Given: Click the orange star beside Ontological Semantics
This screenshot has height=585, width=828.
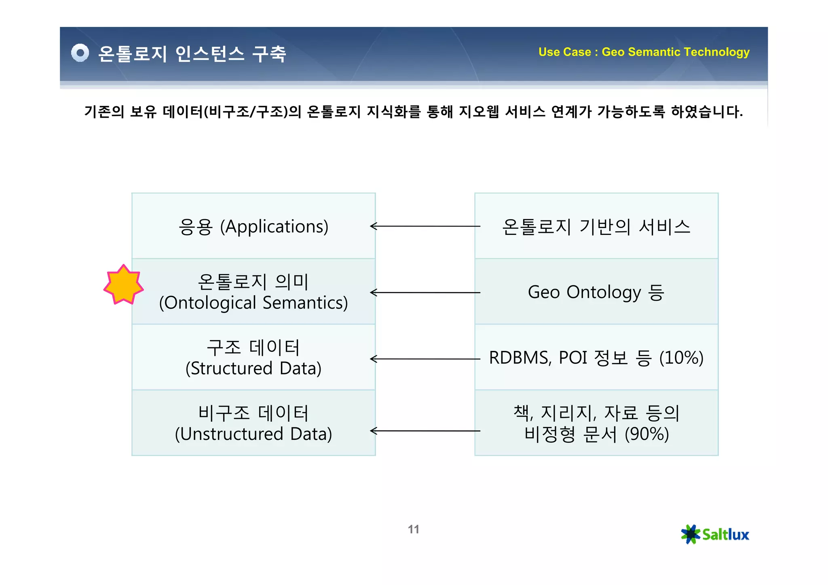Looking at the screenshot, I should click(x=123, y=285).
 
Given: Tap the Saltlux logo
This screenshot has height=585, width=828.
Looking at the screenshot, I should click(x=715, y=534).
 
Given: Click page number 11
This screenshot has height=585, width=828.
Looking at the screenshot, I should click(x=413, y=529).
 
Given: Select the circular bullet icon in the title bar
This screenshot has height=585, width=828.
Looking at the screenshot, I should click(x=80, y=53).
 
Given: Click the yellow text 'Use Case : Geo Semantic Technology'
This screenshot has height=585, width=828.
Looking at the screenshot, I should click(x=644, y=52).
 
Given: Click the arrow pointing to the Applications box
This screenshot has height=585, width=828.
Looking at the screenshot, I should click(x=425, y=226).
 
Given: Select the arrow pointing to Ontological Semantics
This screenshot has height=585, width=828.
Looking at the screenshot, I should click(x=425, y=292).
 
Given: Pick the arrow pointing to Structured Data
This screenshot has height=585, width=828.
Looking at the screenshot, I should click(x=425, y=359).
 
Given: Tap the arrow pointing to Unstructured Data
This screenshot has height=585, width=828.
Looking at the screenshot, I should click(x=425, y=431).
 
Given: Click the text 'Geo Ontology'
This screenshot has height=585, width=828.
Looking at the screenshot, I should click(x=584, y=292).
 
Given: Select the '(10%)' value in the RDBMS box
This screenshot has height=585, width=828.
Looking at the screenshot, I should click(x=681, y=358).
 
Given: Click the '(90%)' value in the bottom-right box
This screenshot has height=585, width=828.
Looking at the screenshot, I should click(x=646, y=434).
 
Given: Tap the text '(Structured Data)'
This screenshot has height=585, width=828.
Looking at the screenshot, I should click(x=253, y=368).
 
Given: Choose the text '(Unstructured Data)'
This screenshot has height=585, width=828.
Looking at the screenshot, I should click(x=253, y=434).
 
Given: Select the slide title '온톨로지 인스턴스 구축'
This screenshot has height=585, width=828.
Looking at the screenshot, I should click(x=192, y=54).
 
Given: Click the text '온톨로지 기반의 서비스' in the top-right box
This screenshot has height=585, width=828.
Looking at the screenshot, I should click(x=596, y=227).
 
